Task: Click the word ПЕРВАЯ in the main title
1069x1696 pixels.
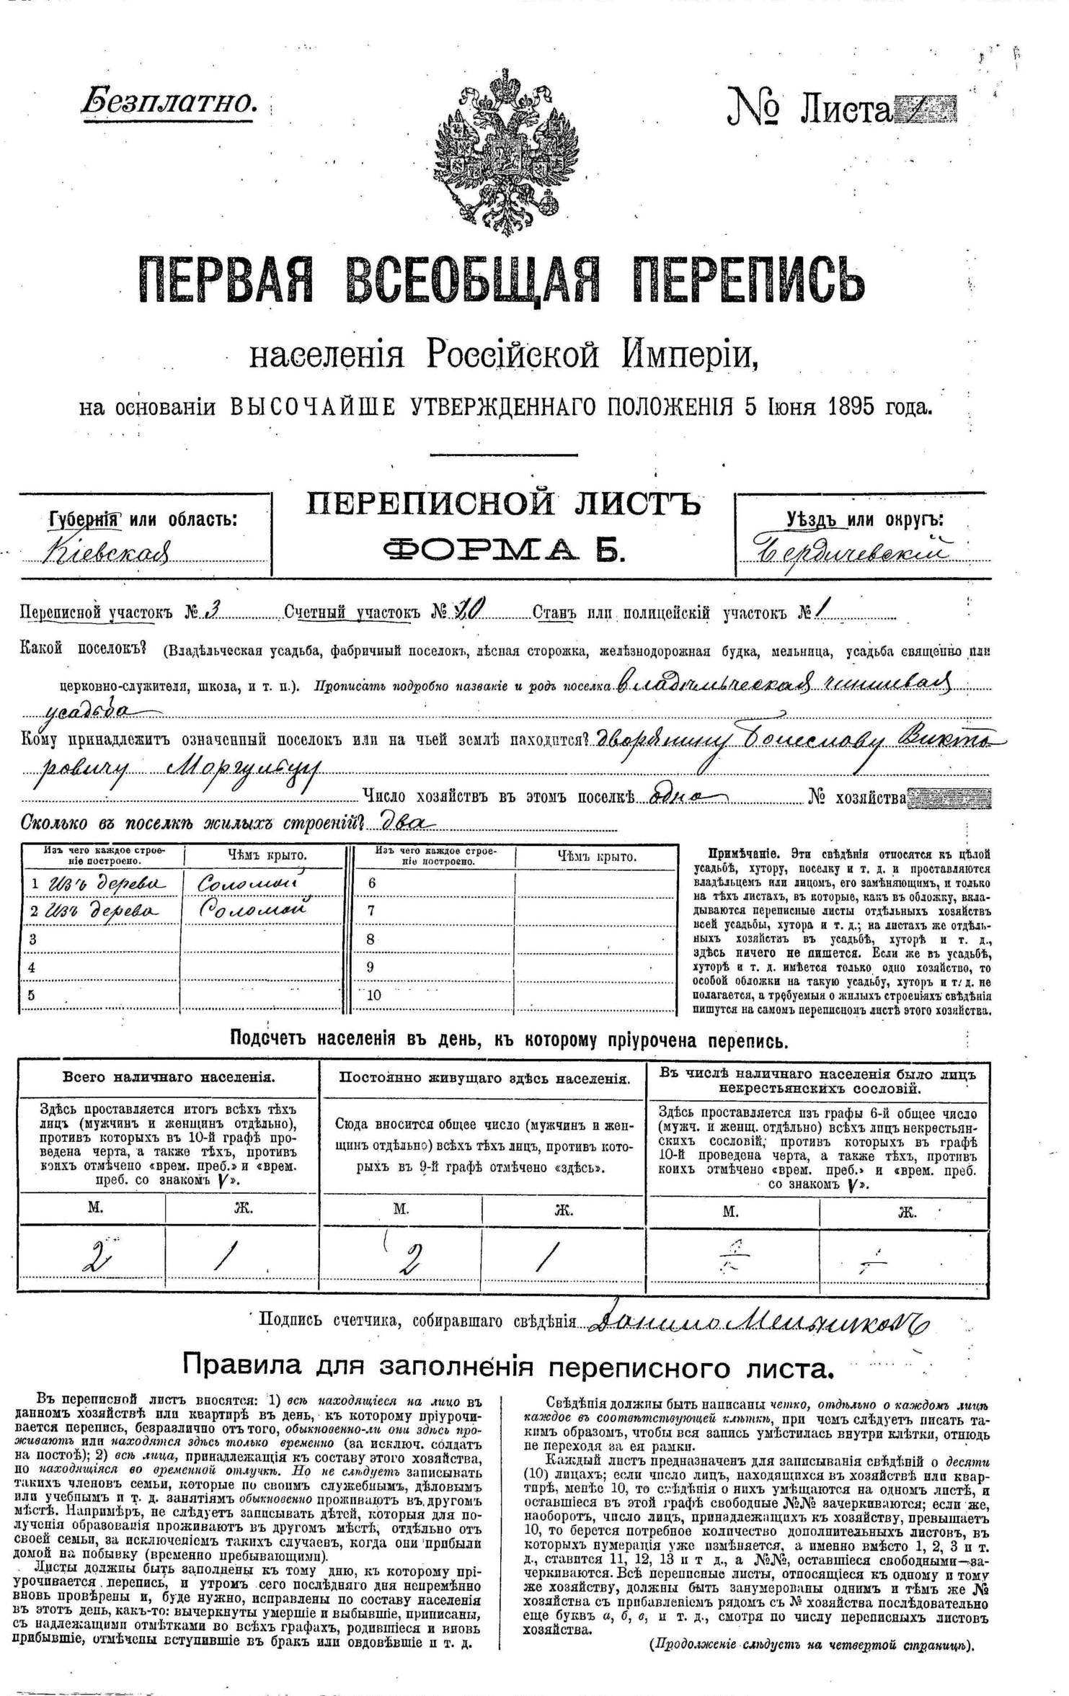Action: click(226, 282)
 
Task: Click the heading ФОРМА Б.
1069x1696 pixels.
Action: click(503, 550)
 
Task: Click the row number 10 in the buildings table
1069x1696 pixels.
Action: click(373, 996)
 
